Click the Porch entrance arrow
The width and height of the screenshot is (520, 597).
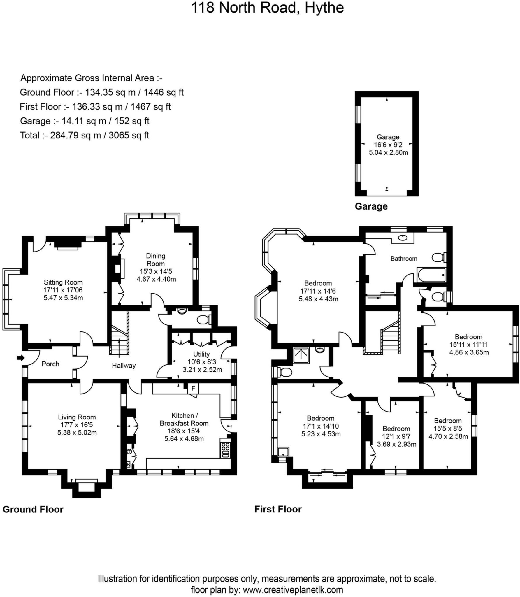pos(20,358)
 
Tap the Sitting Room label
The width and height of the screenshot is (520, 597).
pos(63,282)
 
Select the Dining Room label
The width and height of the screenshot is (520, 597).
pos(155,260)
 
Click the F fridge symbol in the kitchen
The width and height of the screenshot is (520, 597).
pos(193,388)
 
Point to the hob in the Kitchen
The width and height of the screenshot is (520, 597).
pos(225,450)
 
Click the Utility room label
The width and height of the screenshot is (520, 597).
pos(201,354)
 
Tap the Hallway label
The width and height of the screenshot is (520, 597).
pos(124,366)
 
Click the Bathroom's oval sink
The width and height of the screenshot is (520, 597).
pos(403,238)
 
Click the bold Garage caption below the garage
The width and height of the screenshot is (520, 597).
pos(371,206)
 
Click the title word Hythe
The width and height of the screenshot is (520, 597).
pos(324,8)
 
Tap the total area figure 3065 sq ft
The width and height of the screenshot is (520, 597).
pos(129,135)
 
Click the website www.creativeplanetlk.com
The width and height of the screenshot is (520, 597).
pos(293,590)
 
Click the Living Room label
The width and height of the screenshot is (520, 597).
pos(77,417)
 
